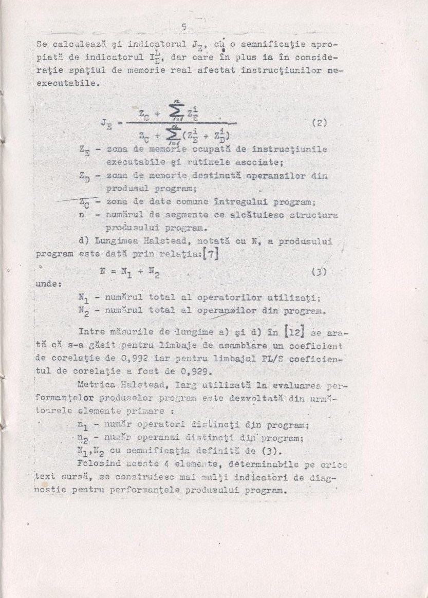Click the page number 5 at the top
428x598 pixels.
click(x=183, y=27)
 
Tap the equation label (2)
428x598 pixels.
click(x=320, y=123)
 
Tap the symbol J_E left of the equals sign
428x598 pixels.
click(x=107, y=124)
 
